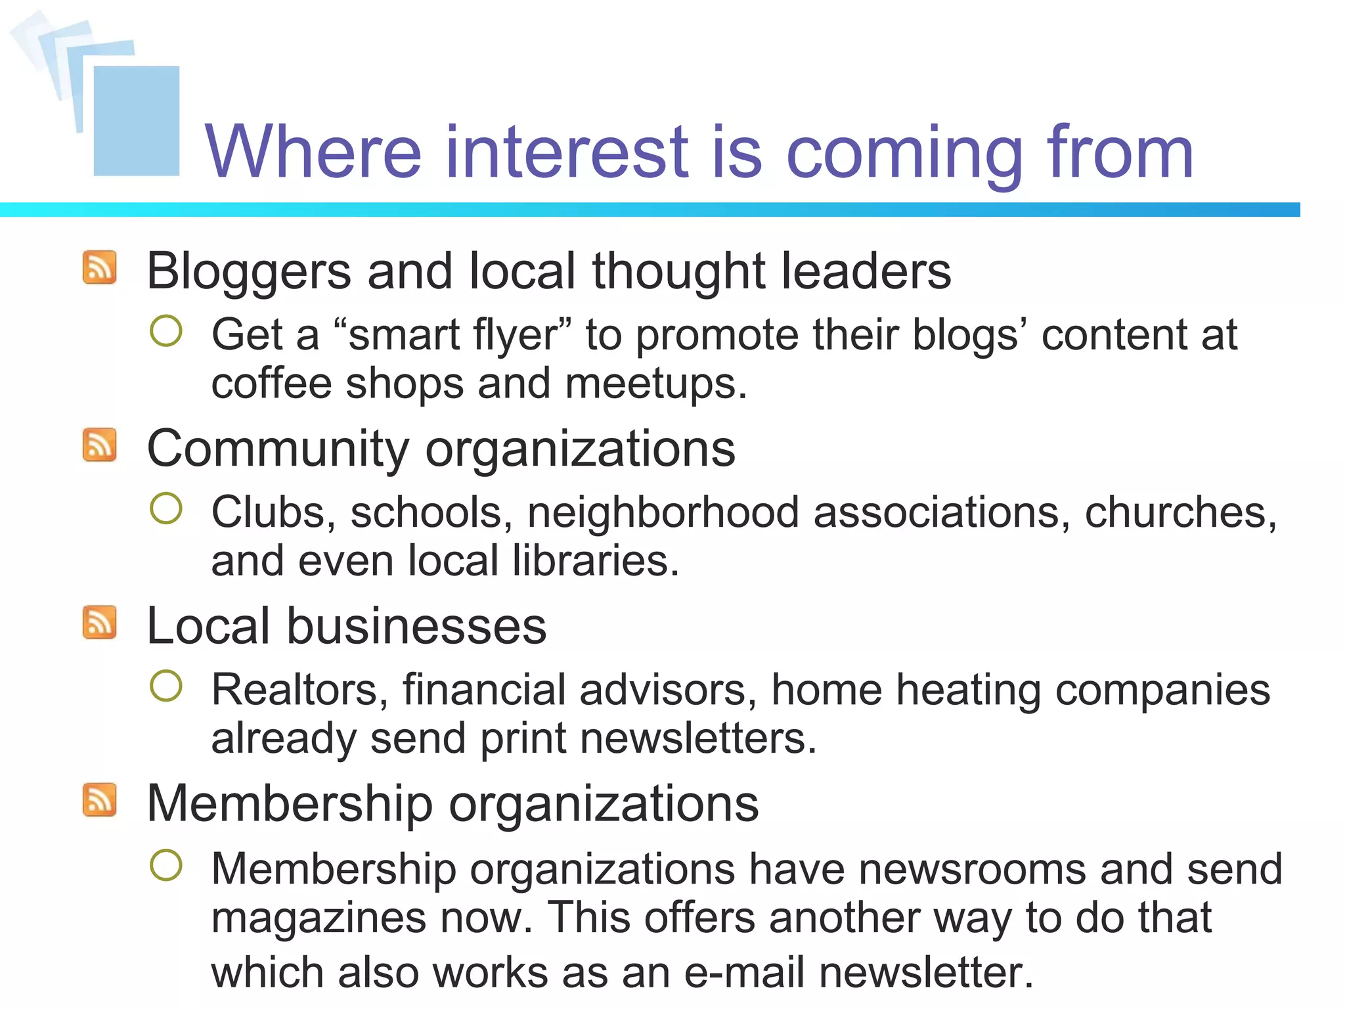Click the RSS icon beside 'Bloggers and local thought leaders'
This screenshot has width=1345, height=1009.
[x=100, y=267]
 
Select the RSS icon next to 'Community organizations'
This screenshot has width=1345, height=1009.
[x=100, y=445]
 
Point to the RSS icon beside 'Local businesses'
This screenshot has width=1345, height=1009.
[x=100, y=622]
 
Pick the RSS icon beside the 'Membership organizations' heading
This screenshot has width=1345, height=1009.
[x=100, y=800]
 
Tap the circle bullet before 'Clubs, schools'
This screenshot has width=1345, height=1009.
[x=165, y=508]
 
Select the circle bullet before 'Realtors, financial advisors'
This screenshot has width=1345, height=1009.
[x=165, y=686]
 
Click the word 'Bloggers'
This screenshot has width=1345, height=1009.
[x=249, y=271]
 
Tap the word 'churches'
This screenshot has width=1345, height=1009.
[x=1174, y=512]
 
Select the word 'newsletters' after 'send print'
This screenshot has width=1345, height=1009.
[x=694, y=738]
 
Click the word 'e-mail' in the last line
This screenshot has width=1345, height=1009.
[x=744, y=972]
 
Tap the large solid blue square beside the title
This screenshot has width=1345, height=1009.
[x=137, y=121]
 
